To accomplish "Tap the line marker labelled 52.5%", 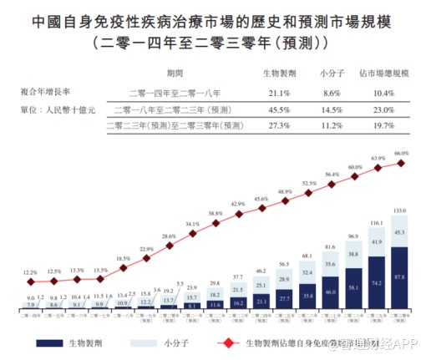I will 309,195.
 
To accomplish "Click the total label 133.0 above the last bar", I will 399,210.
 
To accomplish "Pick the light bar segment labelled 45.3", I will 399,233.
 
